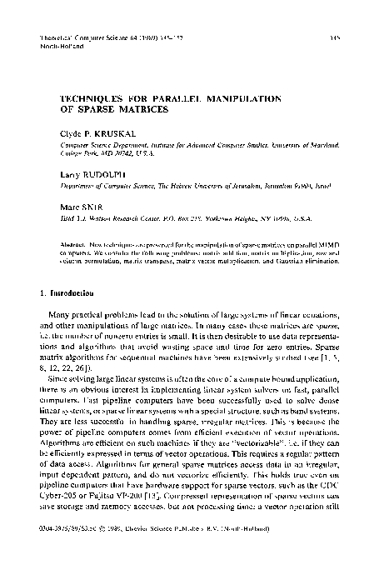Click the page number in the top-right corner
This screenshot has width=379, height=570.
[x=331, y=38]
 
